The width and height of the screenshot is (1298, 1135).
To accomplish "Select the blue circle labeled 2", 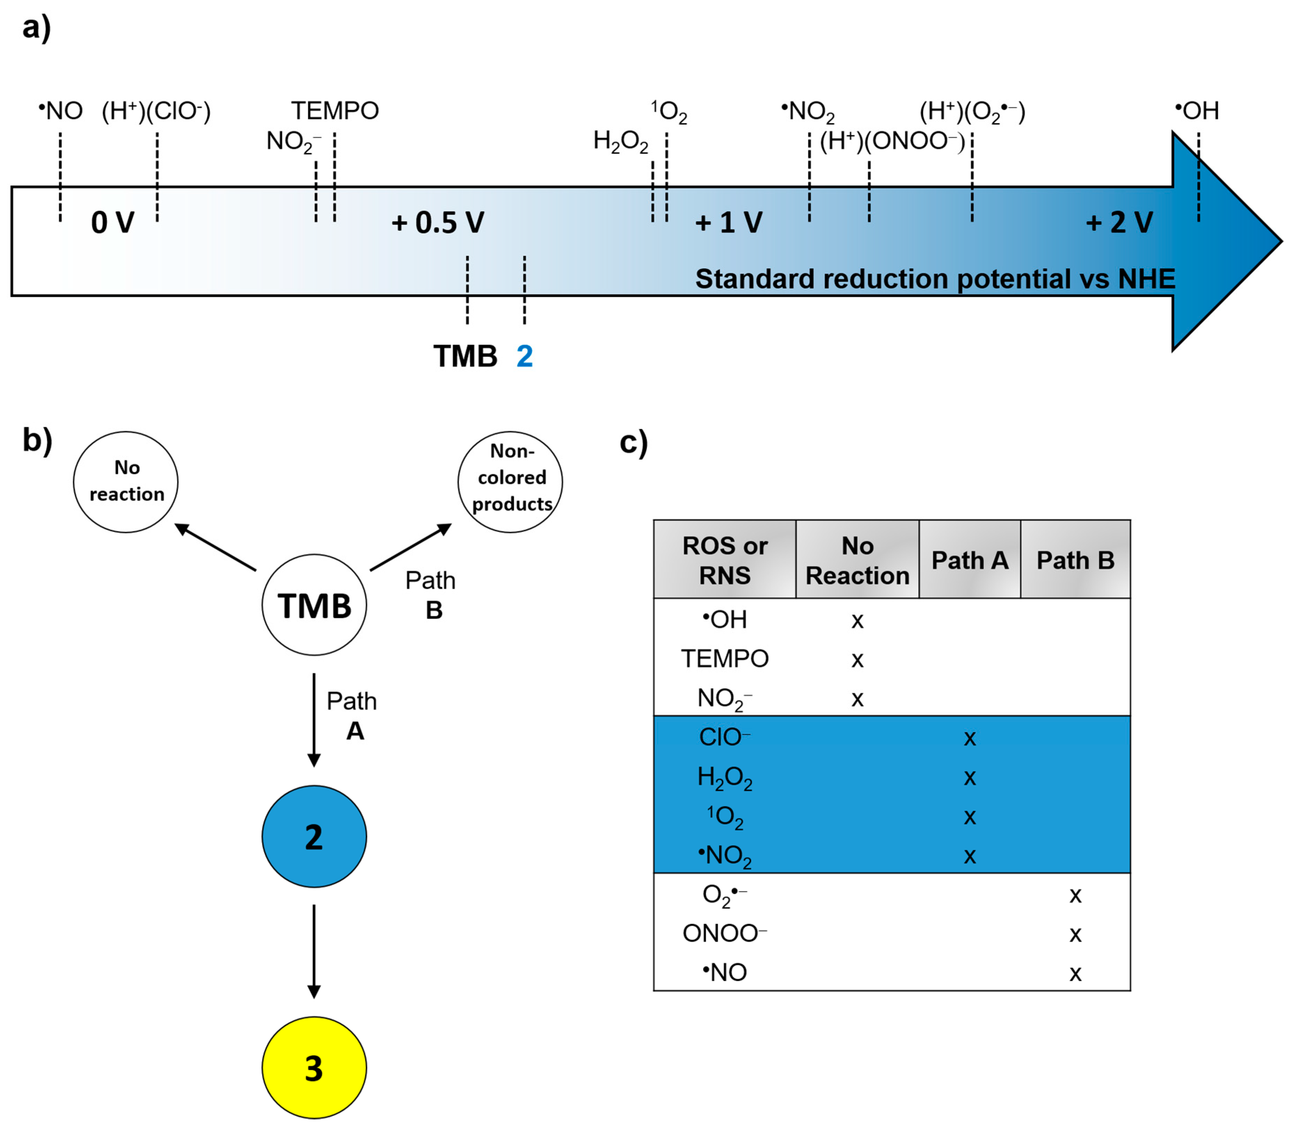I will (x=314, y=836).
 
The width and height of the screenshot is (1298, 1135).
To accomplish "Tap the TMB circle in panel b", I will (x=314, y=605).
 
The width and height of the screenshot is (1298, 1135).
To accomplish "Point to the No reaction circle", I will (x=126, y=481).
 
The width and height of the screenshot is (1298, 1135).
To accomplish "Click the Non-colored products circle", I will (x=510, y=481).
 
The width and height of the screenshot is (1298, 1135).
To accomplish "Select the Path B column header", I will (x=1075, y=560).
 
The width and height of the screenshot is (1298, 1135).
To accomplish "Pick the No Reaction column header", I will (x=857, y=560).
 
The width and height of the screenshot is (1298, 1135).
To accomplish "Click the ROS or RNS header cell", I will (x=724, y=560).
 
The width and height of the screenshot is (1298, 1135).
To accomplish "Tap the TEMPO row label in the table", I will (x=724, y=659).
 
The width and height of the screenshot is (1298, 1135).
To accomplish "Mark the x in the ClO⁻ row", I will (x=969, y=738).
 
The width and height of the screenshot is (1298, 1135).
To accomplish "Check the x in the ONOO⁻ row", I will (x=1075, y=934).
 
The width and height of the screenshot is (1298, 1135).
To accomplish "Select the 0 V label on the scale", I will (x=113, y=222).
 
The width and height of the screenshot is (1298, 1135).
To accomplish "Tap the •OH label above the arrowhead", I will (x=1197, y=111).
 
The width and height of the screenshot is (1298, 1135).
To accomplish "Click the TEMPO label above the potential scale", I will (x=335, y=111).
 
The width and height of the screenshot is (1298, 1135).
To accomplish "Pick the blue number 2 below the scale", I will (x=524, y=356).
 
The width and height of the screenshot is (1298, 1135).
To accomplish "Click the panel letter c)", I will (x=633, y=442).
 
